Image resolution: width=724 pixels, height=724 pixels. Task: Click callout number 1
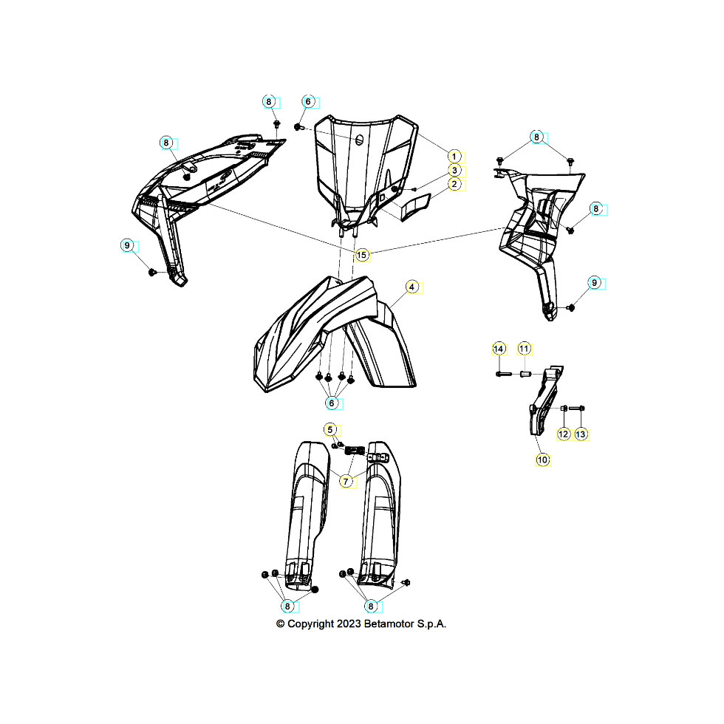[454, 157]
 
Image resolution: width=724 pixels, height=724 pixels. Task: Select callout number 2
[454, 184]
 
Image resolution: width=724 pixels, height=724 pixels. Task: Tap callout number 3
[454, 171]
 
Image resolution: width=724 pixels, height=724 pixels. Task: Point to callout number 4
[412, 287]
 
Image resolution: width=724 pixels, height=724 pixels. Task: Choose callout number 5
[329, 430]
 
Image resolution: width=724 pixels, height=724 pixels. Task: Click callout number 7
[346, 482]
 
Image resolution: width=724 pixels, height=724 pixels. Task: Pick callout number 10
[542, 460]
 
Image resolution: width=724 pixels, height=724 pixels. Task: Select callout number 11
[524, 349]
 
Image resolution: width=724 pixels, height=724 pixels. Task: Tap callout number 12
[563, 434]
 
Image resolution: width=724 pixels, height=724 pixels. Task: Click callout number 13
[581, 434]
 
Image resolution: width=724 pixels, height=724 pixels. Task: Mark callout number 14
[499, 349]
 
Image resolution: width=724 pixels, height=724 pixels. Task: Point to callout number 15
[361, 255]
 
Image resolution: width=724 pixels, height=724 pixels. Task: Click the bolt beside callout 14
[503, 374]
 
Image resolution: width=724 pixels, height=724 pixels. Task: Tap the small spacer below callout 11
[525, 374]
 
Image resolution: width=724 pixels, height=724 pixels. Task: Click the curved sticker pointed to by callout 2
[414, 206]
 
